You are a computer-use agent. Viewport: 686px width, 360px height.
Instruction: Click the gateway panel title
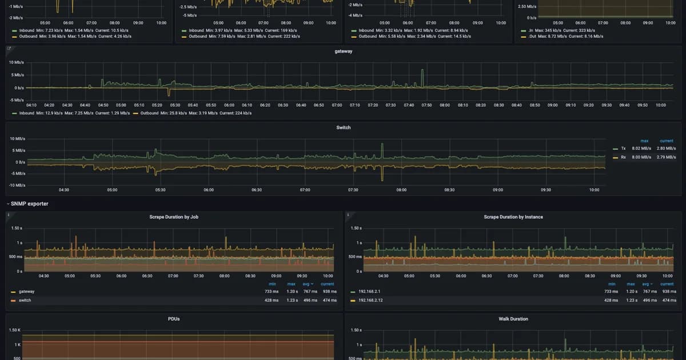(343, 51)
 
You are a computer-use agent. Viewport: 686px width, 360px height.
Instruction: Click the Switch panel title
(343, 127)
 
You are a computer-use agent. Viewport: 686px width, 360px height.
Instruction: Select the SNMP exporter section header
(30, 203)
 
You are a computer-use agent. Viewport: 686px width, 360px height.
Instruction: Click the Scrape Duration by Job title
(174, 217)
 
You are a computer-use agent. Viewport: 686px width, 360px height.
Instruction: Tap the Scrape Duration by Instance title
(513, 217)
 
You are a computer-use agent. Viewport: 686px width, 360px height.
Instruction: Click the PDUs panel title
(174, 319)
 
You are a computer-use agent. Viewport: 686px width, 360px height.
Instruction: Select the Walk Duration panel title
(513, 319)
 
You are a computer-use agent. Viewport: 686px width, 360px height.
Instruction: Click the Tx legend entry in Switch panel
(623, 148)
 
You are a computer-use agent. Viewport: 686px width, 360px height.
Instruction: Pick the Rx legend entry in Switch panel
(623, 157)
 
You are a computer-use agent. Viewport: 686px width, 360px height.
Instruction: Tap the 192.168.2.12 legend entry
(370, 300)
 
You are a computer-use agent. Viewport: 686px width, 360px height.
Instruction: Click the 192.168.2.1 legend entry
(369, 291)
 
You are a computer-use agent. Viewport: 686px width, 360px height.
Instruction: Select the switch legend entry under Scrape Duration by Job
(25, 300)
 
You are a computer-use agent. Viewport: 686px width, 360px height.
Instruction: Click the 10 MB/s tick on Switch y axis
(17, 139)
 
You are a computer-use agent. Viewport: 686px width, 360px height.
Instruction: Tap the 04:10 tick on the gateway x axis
(32, 105)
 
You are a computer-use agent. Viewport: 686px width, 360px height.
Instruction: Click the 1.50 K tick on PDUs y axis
(15, 330)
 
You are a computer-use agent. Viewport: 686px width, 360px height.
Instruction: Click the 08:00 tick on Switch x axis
(401, 190)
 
